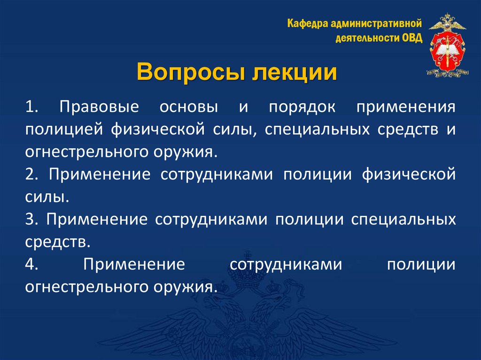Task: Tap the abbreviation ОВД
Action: pos(411,38)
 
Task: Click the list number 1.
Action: pos(32,107)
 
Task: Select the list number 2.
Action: pos(32,175)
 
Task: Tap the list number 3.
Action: pos(32,220)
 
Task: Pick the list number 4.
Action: pos(32,265)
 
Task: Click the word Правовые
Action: pos(100,107)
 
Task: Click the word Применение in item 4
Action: pos(134,265)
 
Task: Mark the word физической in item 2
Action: pos(409,175)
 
